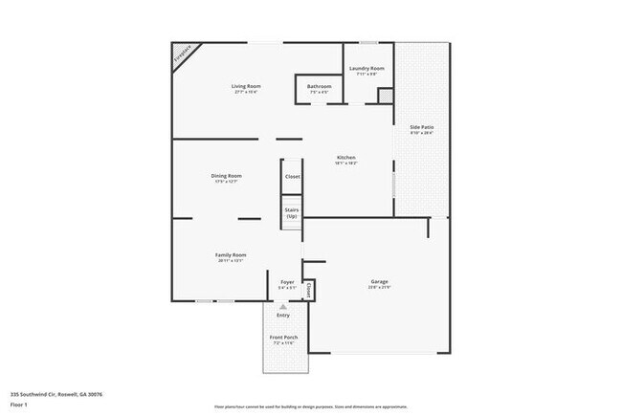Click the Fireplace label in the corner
click(182, 56)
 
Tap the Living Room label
click(246, 87)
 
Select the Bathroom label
click(319, 87)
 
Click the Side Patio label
click(422, 127)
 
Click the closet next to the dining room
click(292, 177)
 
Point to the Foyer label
click(287, 283)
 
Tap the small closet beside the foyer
click(308, 288)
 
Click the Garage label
click(379, 282)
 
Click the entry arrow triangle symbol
click(283, 306)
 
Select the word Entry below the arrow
click(283, 315)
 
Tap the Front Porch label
click(284, 339)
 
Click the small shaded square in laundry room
click(385, 96)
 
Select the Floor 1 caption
click(19, 404)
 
